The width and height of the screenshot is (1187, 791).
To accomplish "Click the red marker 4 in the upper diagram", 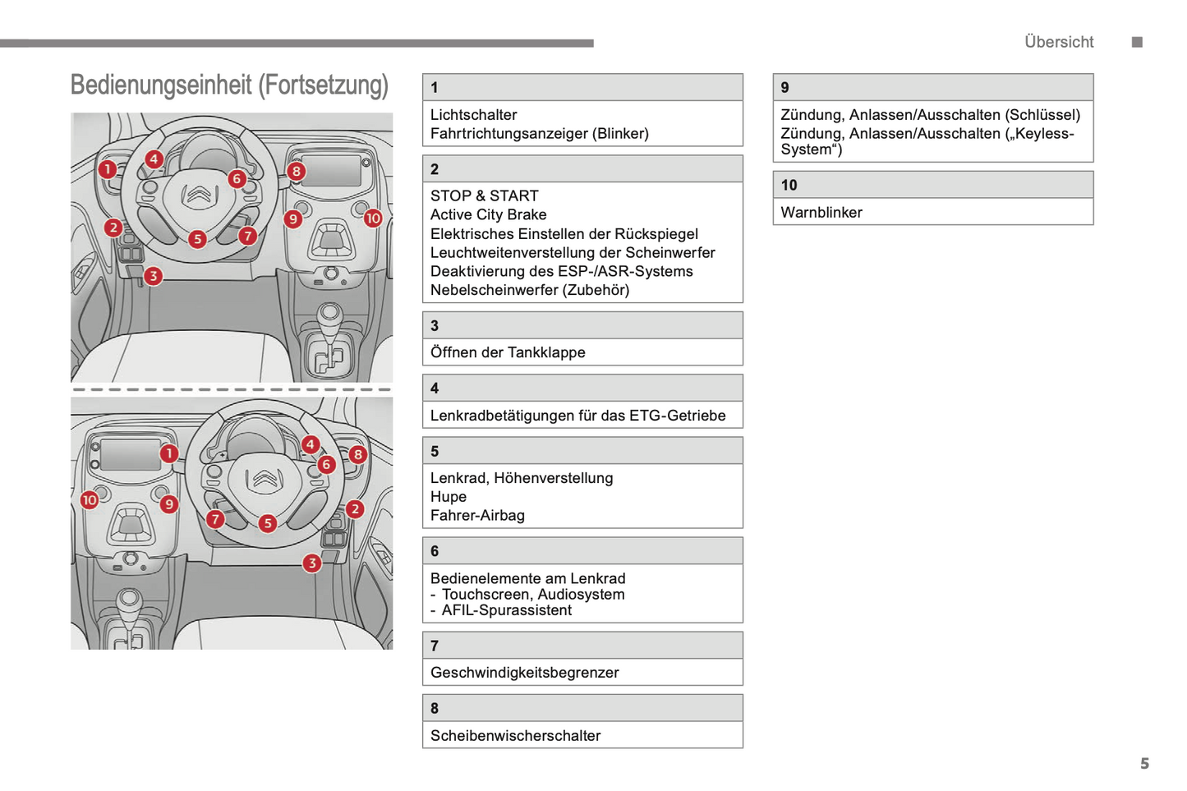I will pos(154,159).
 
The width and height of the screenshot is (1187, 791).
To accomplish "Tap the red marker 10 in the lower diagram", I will pos(90,499).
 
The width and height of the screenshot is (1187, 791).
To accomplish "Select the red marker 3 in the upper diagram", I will pos(153,276).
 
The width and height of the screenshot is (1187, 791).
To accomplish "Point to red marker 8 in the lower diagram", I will pos(357,454).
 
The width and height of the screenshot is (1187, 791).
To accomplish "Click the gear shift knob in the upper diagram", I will pos(330,313).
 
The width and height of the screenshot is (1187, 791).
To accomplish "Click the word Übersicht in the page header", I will pos(1058,42).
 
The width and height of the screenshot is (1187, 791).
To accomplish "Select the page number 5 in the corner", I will pos(1144,764).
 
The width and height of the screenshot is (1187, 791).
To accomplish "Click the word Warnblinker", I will pos(821,213).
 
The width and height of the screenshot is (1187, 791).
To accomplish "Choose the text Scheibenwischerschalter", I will pos(515,736).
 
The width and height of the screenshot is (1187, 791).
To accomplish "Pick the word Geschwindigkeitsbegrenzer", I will pos(524,673).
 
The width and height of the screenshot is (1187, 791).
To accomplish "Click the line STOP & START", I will pos(484,196).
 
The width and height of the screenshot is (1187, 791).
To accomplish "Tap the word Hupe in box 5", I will pos(448,497).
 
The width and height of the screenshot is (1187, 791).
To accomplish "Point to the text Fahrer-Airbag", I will pos(476,516).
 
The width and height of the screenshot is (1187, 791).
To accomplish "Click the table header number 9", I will pos(784,88).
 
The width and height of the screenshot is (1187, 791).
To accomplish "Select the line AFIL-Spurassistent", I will pos(506,610).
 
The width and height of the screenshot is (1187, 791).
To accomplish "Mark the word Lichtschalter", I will pos(473,115).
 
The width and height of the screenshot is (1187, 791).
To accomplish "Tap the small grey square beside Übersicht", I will pos(1137,42).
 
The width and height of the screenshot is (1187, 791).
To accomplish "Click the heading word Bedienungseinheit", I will pos(161,85).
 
